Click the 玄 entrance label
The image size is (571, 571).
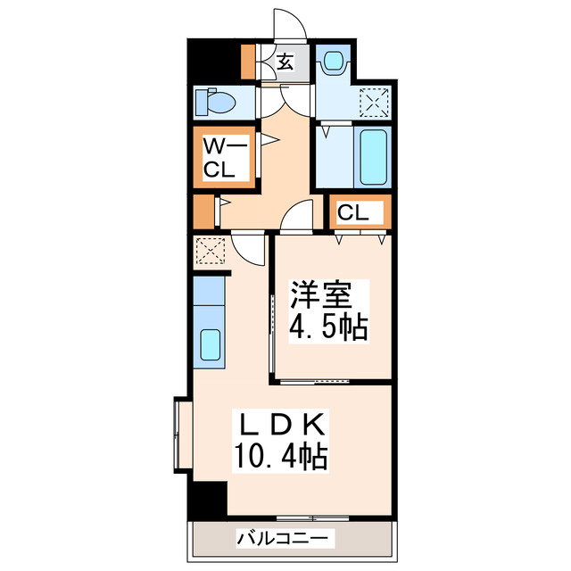click(285, 62)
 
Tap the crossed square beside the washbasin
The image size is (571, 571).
click(373, 103)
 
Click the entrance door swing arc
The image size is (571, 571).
click(287, 25)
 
